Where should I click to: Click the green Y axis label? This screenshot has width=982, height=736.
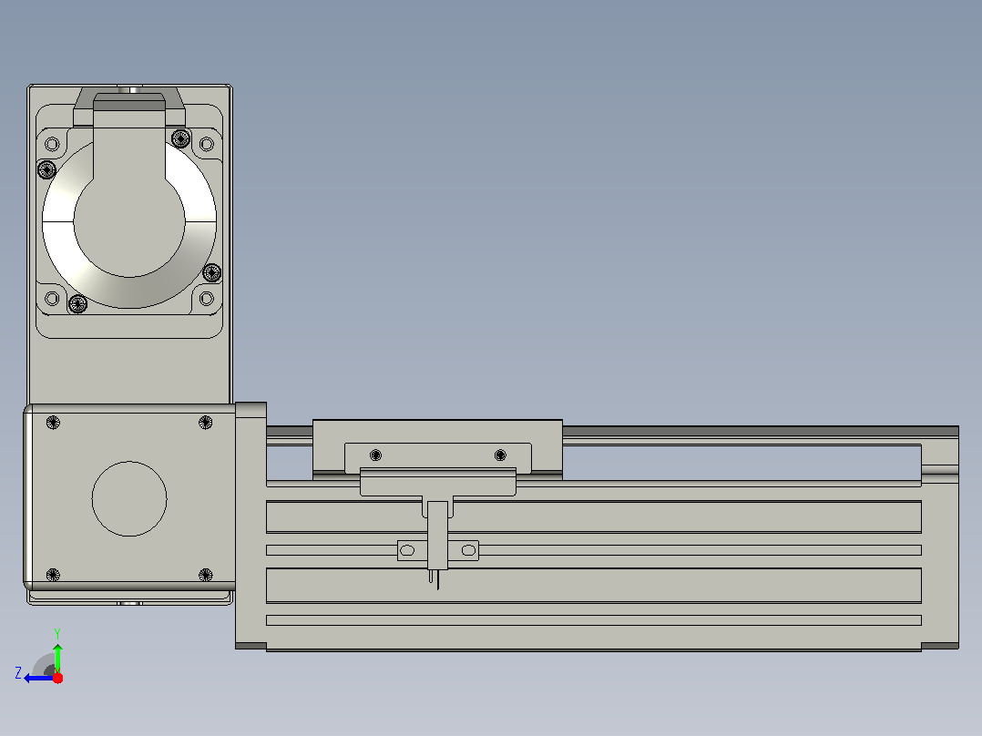click(x=57, y=633)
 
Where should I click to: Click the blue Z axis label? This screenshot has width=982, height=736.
click(x=18, y=673)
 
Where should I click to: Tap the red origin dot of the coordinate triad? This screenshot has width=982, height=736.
click(x=57, y=678)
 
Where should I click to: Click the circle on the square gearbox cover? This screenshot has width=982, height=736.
click(x=129, y=498)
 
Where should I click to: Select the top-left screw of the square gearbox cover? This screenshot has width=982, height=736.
click(x=53, y=422)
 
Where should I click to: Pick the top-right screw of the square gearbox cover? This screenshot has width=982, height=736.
click(x=206, y=422)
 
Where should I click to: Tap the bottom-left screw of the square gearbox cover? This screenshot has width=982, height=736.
click(x=53, y=575)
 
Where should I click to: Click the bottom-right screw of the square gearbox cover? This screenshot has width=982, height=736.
click(x=206, y=575)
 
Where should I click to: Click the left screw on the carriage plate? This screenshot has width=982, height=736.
click(x=375, y=455)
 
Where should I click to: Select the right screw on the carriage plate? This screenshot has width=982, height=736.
click(x=500, y=455)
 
